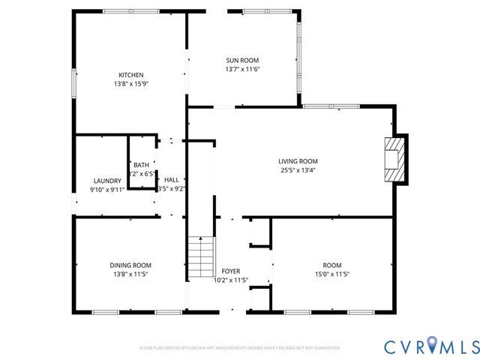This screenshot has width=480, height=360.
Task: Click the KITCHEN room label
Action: (x=130, y=75)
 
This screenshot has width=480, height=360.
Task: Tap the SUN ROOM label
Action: (x=242, y=60)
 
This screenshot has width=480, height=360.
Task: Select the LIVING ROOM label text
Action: (x=298, y=161)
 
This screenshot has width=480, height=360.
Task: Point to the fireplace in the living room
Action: (x=394, y=158)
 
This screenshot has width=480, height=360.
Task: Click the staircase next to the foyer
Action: (x=201, y=256)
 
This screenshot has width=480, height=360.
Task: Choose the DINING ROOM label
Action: (x=130, y=265)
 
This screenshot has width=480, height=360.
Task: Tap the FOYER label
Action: (x=230, y=271)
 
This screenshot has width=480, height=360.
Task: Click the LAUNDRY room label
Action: (x=107, y=181)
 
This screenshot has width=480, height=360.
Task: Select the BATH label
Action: (x=141, y=165)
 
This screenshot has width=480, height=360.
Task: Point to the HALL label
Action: (x=171, y=180)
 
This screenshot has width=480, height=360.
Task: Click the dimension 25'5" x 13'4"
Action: (x=298, y=170)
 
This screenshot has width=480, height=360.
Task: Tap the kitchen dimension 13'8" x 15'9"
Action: (x=130, y=84)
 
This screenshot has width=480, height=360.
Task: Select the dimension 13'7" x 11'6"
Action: (x=242, y=69)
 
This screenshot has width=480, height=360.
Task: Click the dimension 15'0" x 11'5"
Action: (x=331, y=274)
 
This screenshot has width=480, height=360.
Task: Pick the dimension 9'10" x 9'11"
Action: (x=107, y=190)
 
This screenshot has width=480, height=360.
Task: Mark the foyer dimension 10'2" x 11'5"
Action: (x=230, y=280)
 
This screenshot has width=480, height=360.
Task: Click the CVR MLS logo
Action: (x=431, y=346)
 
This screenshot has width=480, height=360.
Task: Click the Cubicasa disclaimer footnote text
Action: (x=239, y=348)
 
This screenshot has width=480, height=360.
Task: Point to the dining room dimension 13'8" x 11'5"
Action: (x=130, y=274)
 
